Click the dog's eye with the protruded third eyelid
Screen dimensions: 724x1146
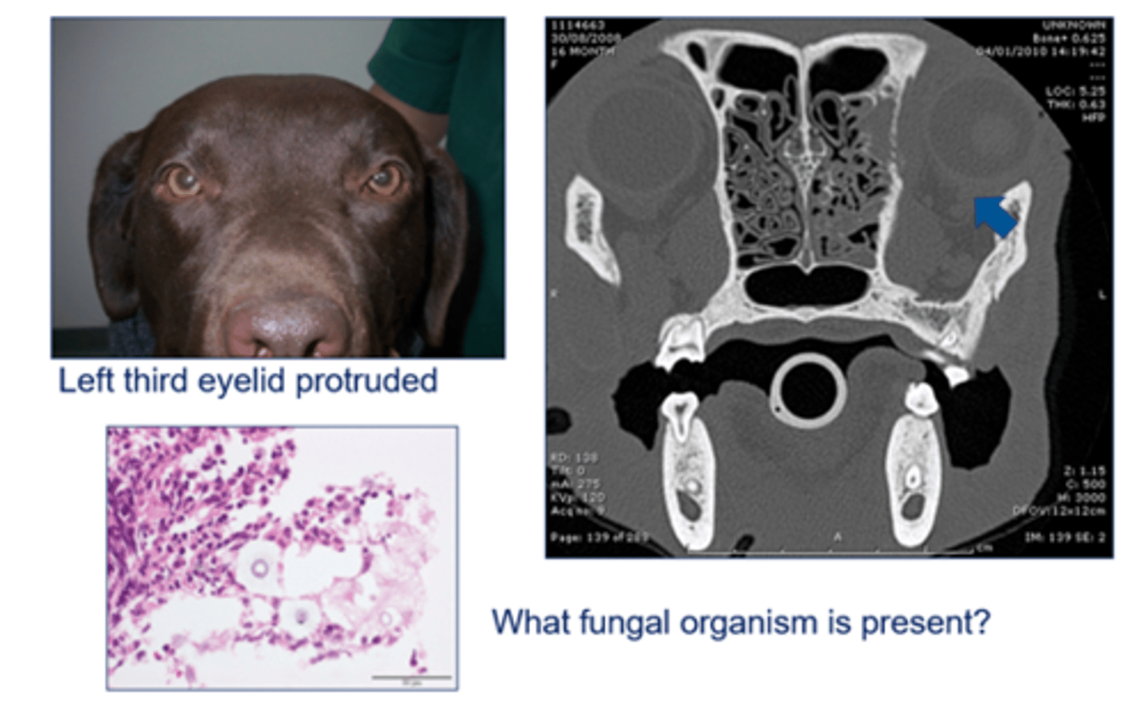coord(385,179)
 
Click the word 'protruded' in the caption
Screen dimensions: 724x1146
coord(366,381)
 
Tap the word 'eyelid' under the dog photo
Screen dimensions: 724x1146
coord(242,380)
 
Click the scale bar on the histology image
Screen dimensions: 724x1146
coord(411,678)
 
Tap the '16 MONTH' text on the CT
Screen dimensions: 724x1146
coord(582,52)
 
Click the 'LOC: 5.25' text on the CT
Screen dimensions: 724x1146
coord(1075,91)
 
